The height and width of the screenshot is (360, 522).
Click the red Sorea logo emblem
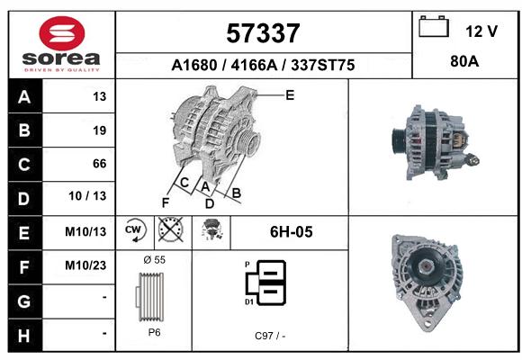click(x=62, y=33)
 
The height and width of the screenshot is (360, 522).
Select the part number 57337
click(x=263, y=33)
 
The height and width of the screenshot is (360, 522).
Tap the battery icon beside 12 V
click(x=434, y=26)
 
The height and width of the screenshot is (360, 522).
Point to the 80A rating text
click(x=464, y=61)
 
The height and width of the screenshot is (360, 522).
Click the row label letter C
click(x=24, y=164)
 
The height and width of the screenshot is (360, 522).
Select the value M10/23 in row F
click(x=85, y=265)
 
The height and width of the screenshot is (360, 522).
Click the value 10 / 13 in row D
click(x=87, y=196)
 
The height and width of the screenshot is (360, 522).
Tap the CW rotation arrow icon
click(x=135, y=229)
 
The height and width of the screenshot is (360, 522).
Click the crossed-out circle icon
click(x=171, y=229)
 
